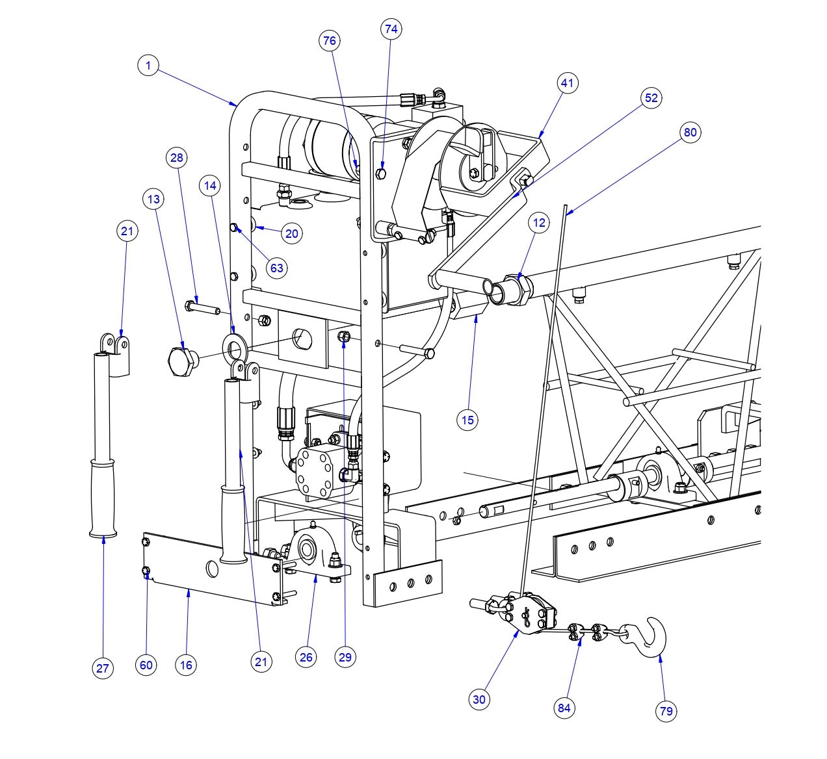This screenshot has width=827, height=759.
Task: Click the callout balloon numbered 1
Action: [x=148, y=66]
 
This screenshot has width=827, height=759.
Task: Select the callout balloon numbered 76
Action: [x=330, y=41]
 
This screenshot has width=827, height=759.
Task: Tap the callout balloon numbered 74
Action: [x=391, y=29]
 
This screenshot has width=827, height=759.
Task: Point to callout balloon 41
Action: [x=568, y=83]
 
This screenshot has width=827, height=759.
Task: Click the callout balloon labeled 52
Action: [x=651, y=98]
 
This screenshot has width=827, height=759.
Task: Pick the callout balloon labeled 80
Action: [x=690, y=133]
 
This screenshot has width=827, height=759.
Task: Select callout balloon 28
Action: [x=177, y=158]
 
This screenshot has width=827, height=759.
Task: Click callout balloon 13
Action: [x=153, y=199]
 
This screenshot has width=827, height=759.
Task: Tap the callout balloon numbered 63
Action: [x=277, y=268]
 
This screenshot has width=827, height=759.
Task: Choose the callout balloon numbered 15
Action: [x=467, y=420]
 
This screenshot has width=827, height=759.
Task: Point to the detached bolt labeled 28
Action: [x=201, y=305]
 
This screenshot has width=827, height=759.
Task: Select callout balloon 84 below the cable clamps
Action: [x=564, y=708]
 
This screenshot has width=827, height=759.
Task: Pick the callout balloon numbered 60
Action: [x=146, y=665]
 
